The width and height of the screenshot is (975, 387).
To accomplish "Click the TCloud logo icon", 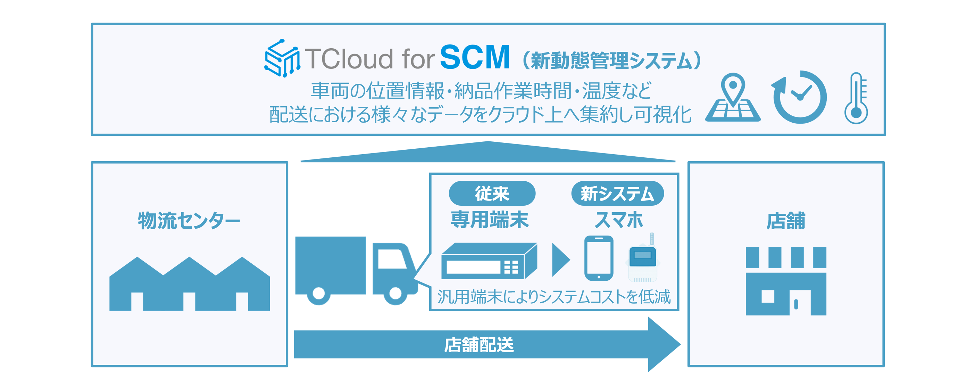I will point(282,58).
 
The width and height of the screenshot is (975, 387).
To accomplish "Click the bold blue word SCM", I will point(475,58).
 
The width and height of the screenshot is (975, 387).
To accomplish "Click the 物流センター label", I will point(189,220).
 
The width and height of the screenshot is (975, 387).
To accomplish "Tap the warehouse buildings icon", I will point(189,284).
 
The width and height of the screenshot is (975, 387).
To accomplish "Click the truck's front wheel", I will point(395,293).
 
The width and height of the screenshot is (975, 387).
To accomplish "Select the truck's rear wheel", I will point(319,293).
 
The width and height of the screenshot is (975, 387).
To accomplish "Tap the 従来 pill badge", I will point(492,193).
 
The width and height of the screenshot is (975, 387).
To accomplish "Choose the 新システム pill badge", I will point(617,193).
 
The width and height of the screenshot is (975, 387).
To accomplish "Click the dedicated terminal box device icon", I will point(489,261).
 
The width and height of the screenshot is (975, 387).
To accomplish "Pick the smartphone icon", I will point(598,258).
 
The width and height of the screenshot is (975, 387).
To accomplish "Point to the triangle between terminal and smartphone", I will point(560,260).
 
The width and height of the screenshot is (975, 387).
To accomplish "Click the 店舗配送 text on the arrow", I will point(479,345).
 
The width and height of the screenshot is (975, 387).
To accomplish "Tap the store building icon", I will point(786,281).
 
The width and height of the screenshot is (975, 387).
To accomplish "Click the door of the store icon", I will point(800,303).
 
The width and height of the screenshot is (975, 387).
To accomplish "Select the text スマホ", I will point(618,220).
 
